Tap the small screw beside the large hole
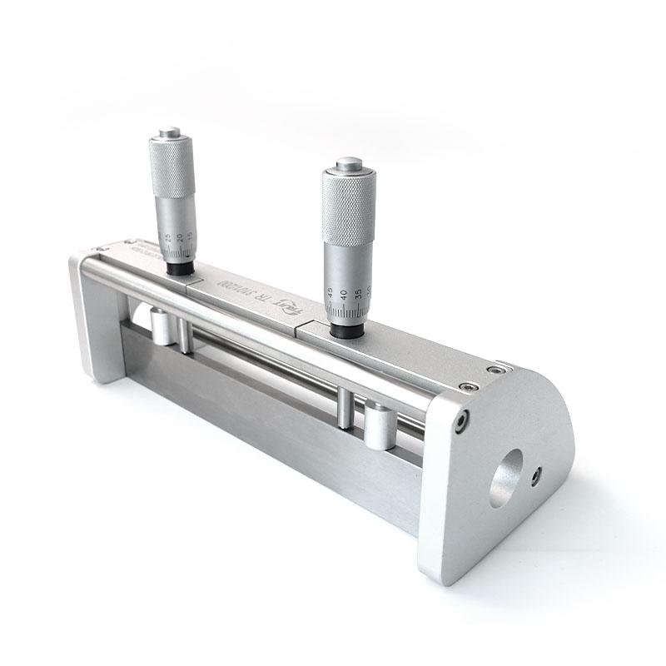tap(537, 475)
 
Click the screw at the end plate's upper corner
tap(460, 422)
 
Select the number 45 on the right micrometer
tap(331, 292)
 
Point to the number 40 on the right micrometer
tap(343, 295)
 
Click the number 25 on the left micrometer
tap(169, 238)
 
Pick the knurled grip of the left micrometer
tap(171, 171)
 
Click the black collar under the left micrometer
tap(177, 269)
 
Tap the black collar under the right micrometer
tap(345, 331)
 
